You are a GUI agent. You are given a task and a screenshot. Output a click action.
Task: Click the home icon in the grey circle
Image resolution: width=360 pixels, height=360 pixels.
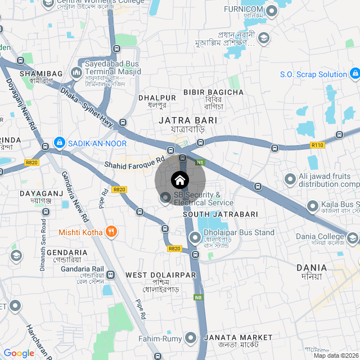[x=180, y=180]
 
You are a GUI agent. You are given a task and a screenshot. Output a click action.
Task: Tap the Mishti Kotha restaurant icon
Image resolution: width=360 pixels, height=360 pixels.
[x=111, y=231]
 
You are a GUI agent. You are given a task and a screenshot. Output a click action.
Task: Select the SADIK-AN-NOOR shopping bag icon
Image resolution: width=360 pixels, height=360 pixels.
[x=59, y=143]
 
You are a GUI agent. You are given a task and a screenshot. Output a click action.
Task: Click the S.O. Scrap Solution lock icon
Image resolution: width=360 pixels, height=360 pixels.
[x=354, y=74]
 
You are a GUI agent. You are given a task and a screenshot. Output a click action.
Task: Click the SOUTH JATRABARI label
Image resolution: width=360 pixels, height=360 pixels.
[x=220, y=214]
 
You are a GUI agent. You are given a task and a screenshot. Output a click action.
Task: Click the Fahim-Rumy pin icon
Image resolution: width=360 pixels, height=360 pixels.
[x=191, y=338]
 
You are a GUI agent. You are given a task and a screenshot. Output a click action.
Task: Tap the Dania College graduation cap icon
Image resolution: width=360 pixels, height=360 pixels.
[x=353, y=238]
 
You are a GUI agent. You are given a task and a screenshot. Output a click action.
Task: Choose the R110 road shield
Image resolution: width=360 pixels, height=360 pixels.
[x=318, y=145]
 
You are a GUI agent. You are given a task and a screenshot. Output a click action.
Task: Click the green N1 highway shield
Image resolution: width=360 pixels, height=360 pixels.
[x=200, y=163]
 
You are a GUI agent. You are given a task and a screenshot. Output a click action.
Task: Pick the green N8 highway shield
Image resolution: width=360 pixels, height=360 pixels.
[x=198, y=297]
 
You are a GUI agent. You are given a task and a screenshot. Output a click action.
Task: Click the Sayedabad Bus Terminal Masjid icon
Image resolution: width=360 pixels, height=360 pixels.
[x=76, y=73]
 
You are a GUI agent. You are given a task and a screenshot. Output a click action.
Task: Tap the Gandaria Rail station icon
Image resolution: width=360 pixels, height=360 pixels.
[x=110, y=275]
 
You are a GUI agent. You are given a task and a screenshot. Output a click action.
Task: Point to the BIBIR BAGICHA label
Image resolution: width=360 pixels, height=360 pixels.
[x=213, y=92]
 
